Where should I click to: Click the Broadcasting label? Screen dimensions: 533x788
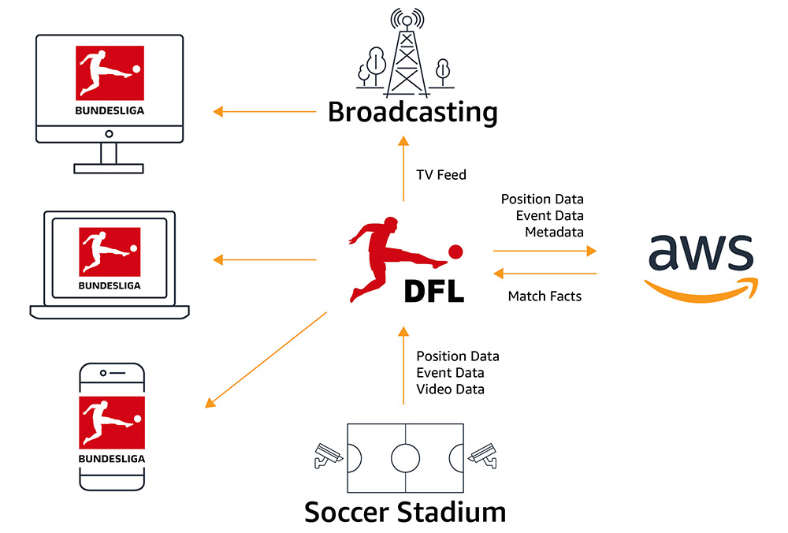pos(412,112)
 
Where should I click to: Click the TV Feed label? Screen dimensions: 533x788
pos(441,175)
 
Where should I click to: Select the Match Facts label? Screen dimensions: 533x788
pos(544,296)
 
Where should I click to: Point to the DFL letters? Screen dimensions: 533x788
pos(433,290)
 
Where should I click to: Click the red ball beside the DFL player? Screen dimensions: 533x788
pos(455,252)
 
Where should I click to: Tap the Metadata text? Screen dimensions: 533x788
pos(554,232)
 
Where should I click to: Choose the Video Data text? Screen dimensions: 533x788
pos(450,389)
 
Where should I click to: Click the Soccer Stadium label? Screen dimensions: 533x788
pos(405,512)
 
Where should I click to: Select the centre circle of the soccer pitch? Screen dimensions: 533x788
pos(405,456)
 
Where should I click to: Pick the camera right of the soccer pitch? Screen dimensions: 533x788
pos(482,455)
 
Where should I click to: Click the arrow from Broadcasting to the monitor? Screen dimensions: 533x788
pos(264,112)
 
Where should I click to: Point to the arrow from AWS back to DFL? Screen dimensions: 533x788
pos(544,274)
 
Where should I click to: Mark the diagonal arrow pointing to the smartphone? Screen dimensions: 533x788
pos(266,360)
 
